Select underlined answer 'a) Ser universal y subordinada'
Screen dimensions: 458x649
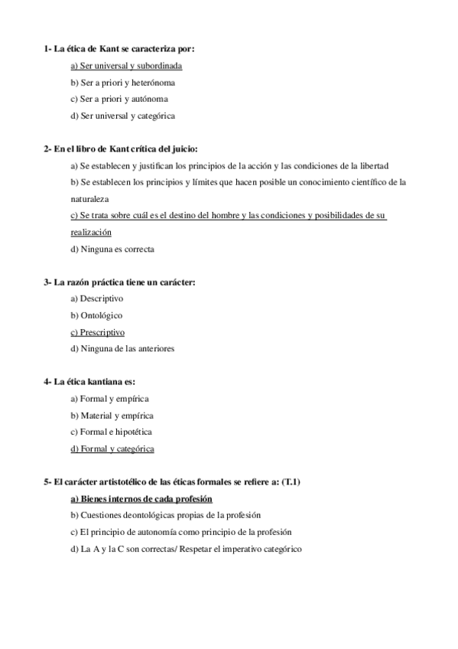(126, 66)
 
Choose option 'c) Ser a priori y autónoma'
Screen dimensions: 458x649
(119, 99)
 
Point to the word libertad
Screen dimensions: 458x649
(370, 165)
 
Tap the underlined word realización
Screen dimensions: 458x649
(91, 232)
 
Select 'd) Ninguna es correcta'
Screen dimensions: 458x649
(112, 249)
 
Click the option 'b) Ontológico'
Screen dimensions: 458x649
(96, 315)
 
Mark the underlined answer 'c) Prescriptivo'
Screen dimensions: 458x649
(97, 332)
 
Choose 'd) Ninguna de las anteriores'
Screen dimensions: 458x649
(122, 349)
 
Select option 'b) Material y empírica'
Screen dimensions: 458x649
(112, 416)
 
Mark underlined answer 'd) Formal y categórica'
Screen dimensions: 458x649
(112, 449)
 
